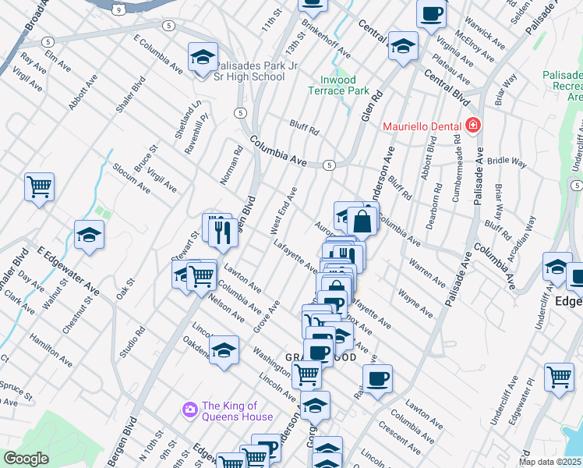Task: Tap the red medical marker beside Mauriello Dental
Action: (472, 126)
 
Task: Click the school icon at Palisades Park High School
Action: (203, 57)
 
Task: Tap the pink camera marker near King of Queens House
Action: (189, 409)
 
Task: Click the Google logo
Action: (26, 459)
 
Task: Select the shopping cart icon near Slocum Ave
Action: (39, 187)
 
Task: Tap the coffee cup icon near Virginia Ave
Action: (431, 13)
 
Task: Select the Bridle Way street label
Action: (507, 160)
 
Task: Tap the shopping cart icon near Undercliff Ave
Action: (559, 377)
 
